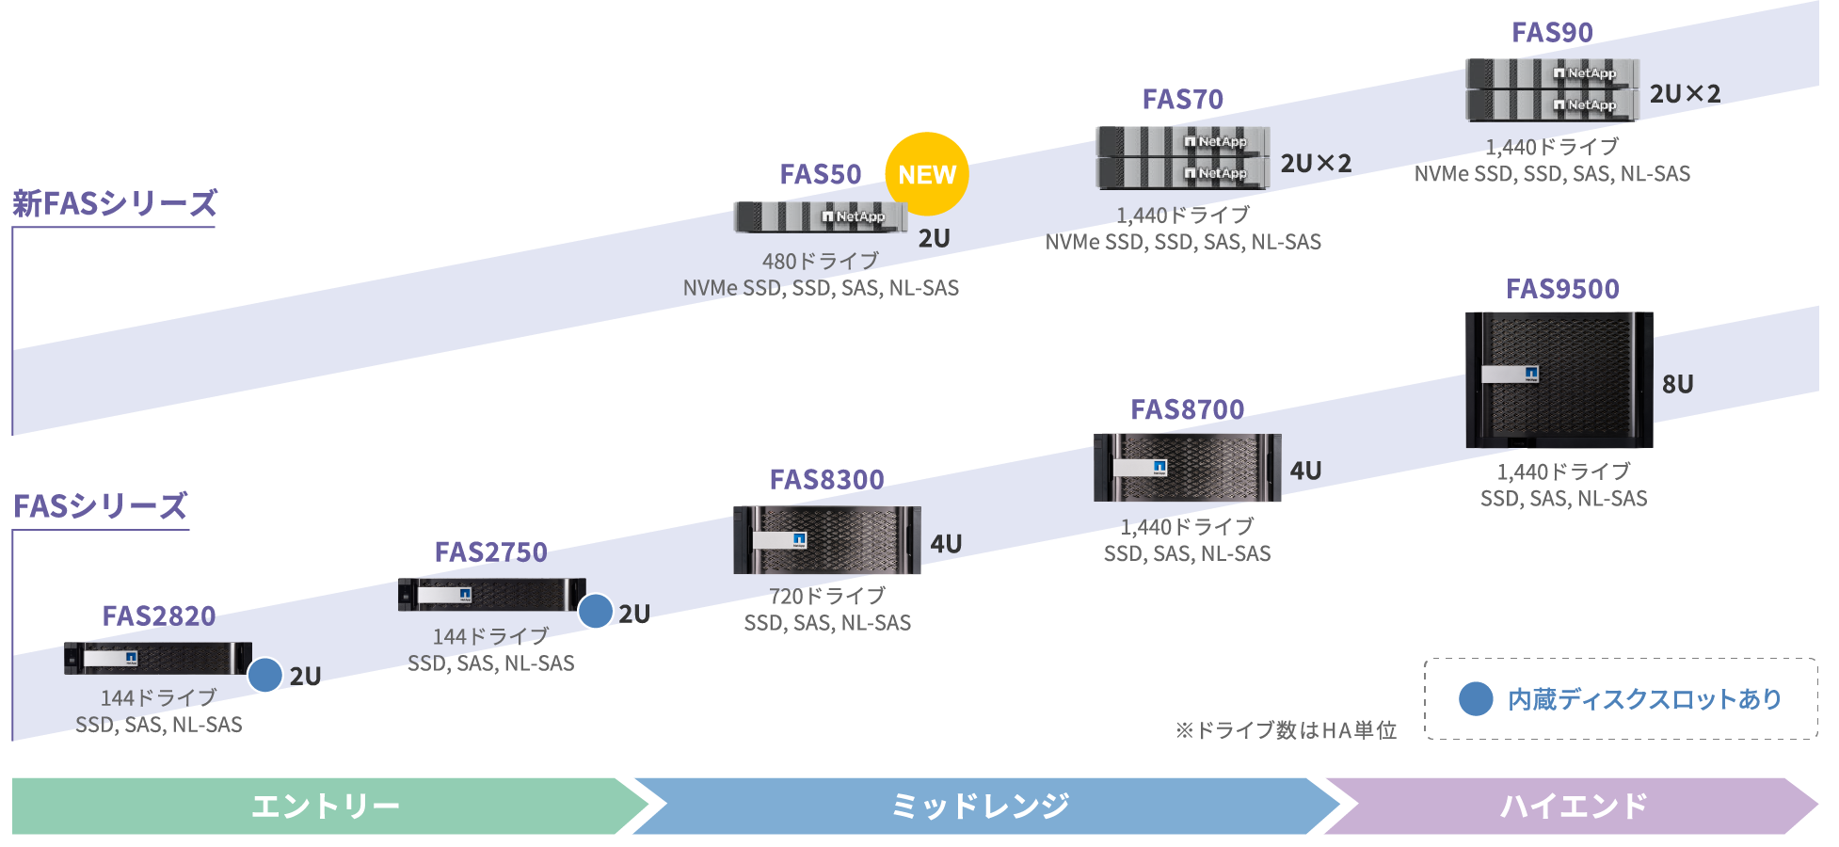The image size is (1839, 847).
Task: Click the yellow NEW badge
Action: coord(926,174)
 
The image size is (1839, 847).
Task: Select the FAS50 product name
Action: coord(820,175)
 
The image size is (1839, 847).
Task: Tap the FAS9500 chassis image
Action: coord(1559,379)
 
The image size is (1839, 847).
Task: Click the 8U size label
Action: coord(1677,384)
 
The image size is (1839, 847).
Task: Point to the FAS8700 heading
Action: coord(1187,409)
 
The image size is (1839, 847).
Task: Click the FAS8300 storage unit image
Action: coord(826,540)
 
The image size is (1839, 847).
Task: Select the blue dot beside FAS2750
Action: coord(596,611)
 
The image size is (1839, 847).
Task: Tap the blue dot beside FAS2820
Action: coord(265,675)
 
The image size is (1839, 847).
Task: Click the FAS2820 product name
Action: coord(158,615)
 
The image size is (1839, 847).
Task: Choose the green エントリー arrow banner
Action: coord(325,806)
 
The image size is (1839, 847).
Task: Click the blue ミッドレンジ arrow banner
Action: coord(980,806)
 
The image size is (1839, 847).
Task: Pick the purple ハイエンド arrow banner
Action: coord(1572,806)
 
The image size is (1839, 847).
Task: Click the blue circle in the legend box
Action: coord(1475,698)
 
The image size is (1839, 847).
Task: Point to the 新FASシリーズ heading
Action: coord(114,203)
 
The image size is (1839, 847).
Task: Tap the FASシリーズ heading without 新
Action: coord(100,506)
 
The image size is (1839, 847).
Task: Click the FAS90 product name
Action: coord(1551,33)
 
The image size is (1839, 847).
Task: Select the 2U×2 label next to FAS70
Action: coord(1315,164)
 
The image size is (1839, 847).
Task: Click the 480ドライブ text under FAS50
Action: coord(820,261)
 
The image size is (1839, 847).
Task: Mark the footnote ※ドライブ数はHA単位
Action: coord(1285,730)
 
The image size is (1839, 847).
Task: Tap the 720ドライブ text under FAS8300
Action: coord(826,596)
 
